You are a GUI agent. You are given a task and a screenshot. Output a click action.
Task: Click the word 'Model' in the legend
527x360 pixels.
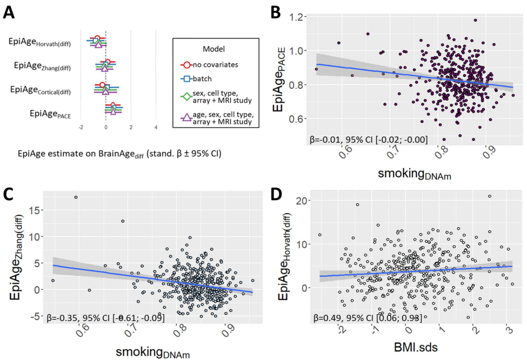tap(214, 48)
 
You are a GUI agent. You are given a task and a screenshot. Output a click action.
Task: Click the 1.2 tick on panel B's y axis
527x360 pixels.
tap(295, 17)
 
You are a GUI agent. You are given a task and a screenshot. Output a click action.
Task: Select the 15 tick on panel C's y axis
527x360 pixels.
tap(34, 209)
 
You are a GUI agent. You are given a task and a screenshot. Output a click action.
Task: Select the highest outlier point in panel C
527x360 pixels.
tap(76, 197)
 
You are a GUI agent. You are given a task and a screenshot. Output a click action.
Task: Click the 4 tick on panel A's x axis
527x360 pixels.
tap(156, 128)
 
